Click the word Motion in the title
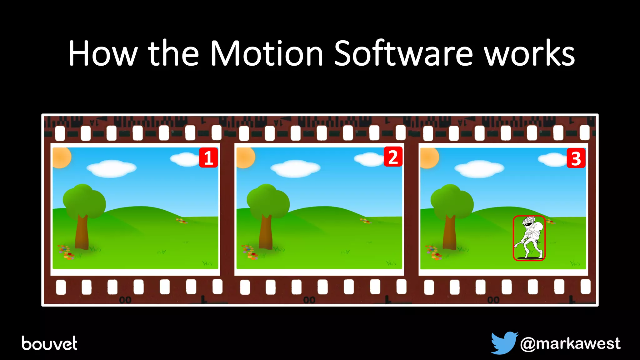267,54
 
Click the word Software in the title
403,54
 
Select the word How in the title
103,54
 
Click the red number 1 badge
208,158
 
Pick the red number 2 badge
393,157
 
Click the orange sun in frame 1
61,157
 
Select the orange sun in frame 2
245,157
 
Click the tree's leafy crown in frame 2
268,200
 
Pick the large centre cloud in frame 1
112,168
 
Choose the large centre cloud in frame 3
479,168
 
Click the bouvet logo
49,343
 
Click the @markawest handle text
570,344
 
